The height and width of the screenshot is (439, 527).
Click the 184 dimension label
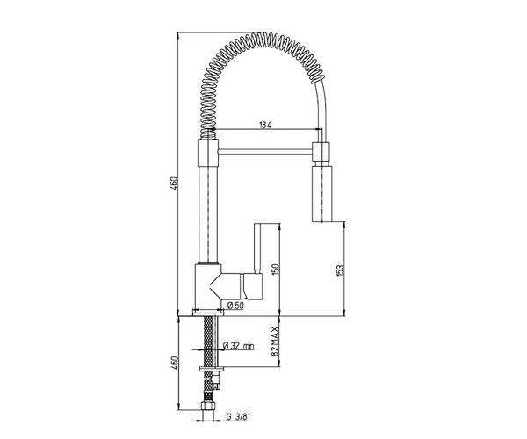[x=265, y=125]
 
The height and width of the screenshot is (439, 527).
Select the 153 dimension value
[x=340, y=270]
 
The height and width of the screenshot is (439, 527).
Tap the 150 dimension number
[x=275, y=270]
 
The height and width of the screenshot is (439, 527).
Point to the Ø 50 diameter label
[x=235, y=306]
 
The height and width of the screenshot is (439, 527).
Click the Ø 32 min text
[x=239, y=345]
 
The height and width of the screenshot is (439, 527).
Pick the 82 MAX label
[x=275, y=342]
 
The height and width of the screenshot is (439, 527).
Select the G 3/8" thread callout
[x=239, y=417]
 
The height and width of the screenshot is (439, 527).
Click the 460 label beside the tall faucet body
[x=173, y=184]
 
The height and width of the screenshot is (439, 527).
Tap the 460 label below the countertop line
[x=173, y=363]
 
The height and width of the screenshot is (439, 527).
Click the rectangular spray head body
[x=322, y=193]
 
